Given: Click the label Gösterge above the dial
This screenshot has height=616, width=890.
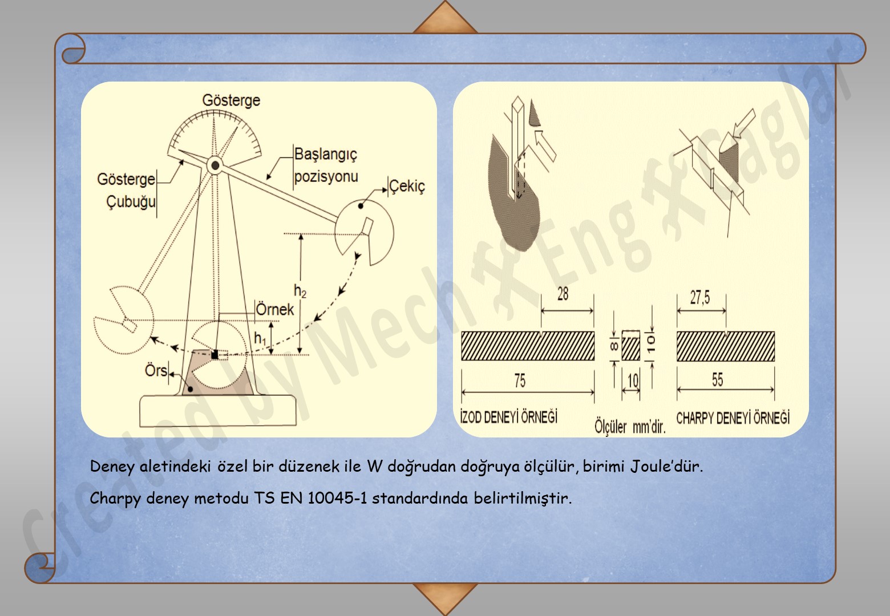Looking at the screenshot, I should click(x=231, y=100).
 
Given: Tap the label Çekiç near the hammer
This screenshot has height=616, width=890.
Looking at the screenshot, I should click(x=407, y=187).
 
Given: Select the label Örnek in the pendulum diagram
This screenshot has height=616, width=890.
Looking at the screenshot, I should click(x=274, y=310).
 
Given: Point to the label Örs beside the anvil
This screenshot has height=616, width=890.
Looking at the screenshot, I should click(x=156, y=371).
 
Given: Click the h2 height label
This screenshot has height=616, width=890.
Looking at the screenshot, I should click(x=300, y=291).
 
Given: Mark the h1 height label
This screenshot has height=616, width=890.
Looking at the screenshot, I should click(x=260, y=338).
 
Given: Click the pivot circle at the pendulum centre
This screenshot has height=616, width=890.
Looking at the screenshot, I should click(x=215, y=165).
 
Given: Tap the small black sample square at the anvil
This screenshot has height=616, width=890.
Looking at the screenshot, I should click(x=215, y=355).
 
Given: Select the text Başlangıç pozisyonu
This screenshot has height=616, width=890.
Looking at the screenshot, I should click(x=326, y=165).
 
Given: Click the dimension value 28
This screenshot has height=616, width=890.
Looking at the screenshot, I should click(x=563, y=294).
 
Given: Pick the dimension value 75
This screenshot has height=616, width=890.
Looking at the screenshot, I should click(x=520, y=380).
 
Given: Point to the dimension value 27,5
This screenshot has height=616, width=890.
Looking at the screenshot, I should click(x=700, y=297).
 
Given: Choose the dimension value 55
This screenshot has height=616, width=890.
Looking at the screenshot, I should click(x=717, y=380).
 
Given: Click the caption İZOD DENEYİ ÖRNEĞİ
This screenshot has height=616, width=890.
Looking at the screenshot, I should click(x=509, y=417).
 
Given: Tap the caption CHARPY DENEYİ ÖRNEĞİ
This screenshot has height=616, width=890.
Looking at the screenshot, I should click(x=733, y=418).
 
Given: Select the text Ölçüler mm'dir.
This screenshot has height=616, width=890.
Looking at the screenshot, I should click(x=630, y=427).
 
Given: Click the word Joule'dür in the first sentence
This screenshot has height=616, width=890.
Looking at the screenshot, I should click(x=666, y=467).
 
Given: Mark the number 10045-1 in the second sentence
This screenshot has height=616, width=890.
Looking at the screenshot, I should click(x=337, y=499).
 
